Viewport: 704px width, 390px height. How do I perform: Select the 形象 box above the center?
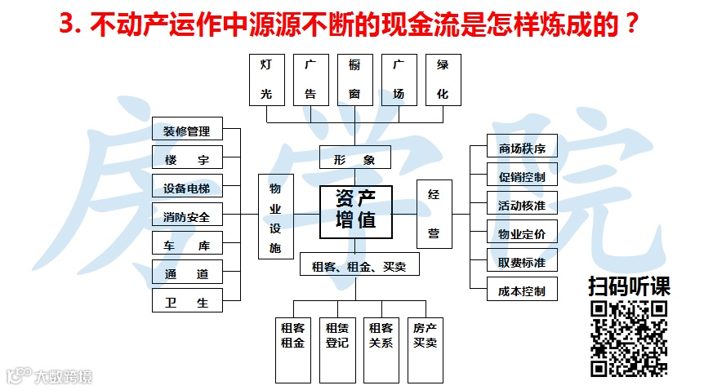click(354, 157)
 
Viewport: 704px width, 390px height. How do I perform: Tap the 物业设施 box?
click(275, 217)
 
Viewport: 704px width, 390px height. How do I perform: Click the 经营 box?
click(434, 214)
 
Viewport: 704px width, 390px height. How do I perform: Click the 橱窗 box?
click(354, 79)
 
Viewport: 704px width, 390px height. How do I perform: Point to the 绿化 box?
click(443, 79)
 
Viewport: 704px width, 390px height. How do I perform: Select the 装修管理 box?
click(187, 131)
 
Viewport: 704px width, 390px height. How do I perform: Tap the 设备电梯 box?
click(187, 188)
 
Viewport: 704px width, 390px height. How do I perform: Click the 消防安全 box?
click(187, 216)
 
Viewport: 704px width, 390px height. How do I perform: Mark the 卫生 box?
click(187, 301)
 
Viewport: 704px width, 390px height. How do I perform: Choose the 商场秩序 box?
click(522, 148)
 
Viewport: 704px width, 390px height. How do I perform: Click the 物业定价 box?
click(522, 233)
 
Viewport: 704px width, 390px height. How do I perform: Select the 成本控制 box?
click(522, 290)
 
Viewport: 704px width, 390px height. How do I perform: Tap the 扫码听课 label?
click(629, 287)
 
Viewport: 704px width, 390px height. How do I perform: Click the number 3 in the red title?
click(68, 24)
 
